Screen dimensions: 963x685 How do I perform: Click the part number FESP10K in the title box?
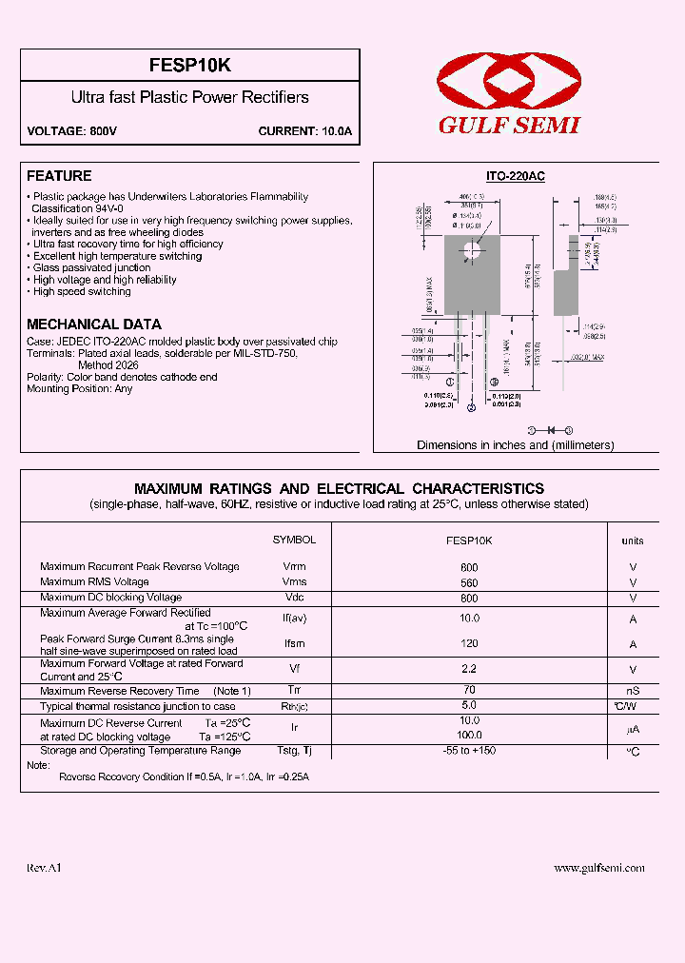coord(190,67)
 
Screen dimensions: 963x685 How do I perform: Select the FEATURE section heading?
coord(59,176)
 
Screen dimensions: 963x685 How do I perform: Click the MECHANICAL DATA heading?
coord(94,324)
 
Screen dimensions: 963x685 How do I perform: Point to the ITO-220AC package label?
coord(515,177)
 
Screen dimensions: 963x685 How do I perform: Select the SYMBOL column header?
coord(294,540)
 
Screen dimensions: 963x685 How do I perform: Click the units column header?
coord(632,540)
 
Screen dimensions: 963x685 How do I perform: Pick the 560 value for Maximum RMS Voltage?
coord(469,582)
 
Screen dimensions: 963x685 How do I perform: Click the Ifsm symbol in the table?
coord(294,645)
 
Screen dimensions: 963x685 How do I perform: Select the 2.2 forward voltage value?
coord(469,669)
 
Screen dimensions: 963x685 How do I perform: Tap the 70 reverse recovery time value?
coord(469,690)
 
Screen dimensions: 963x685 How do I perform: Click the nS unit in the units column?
coord(632,691)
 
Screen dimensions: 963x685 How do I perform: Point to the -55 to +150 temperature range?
coord(469,751)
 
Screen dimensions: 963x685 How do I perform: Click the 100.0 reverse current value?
coord(469,735)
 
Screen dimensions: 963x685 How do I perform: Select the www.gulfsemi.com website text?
coord(599,868)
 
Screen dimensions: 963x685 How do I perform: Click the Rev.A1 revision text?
coord(44,868)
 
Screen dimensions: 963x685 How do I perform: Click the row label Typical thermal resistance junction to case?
coord(137,706)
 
